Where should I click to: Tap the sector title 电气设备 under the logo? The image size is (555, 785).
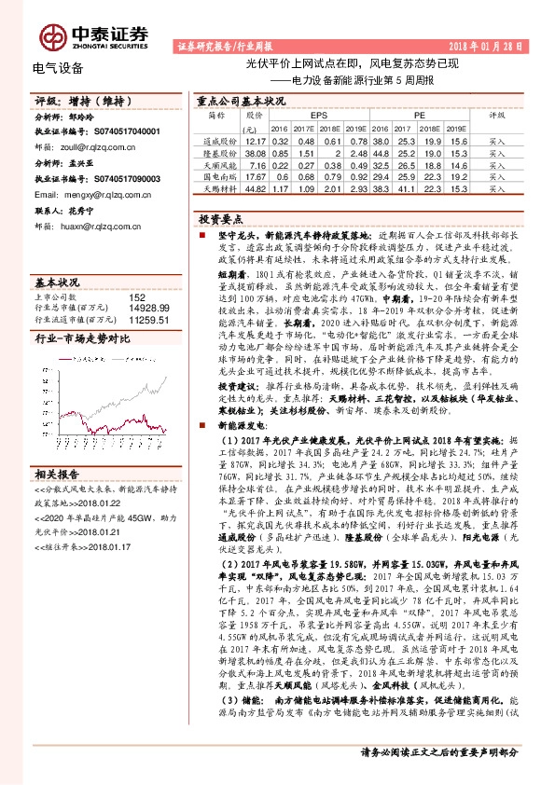(57, 68)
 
